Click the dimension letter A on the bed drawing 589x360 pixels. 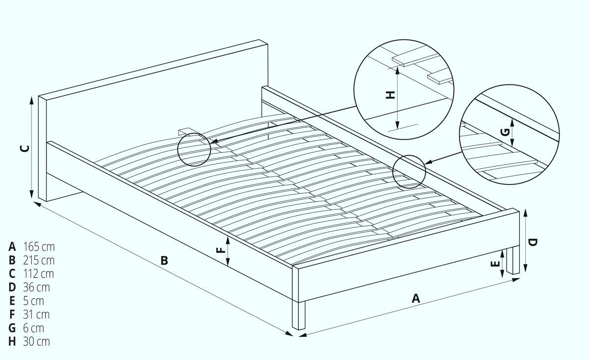(x=416, y=299)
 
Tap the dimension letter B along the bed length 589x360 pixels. (x=164, y=260)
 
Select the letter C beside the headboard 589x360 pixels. (x=25, y=149)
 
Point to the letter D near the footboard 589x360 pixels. (x=533, y=243)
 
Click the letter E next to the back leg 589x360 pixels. (x=495, y=263)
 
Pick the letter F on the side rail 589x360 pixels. (x=221, y=250)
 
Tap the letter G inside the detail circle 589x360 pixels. (x=506, y=132)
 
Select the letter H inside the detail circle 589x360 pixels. (x=390, y=95)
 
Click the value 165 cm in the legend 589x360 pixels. (x=39, y=247)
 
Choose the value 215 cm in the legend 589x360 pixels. (x=39, y=260)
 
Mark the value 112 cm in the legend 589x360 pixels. (x=38, y=274)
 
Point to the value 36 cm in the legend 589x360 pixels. (x=36, y=287)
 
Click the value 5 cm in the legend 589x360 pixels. (x=33, y=301)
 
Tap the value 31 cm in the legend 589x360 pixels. (x=36, y=315)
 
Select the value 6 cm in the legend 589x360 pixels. (x=33, y=329)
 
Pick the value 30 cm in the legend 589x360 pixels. (x=36, y=342)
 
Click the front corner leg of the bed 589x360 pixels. (x=299, y=315)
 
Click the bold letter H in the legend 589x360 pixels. (x=12, y=342)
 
